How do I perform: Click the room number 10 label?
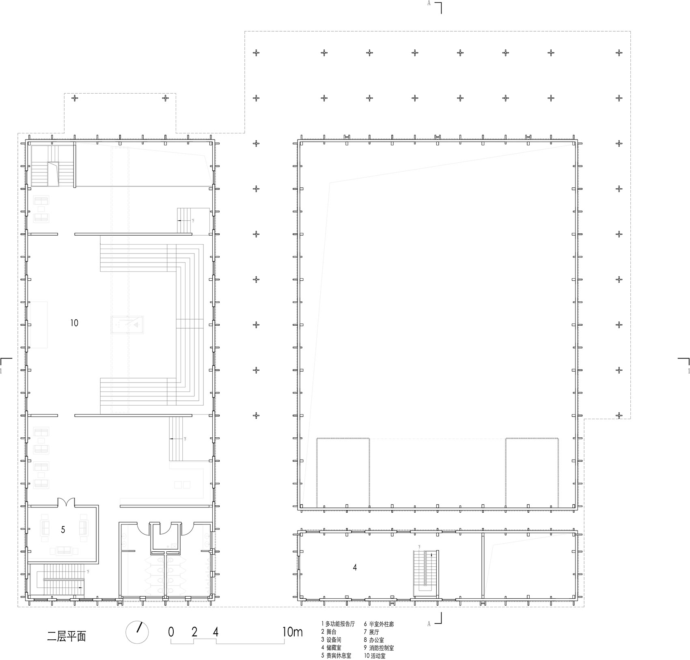click(x=74, y=323)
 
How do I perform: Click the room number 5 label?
click(x=63, y=529)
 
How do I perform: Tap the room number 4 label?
click(x=355, y=568)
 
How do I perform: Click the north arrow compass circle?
click(x=137, y=632)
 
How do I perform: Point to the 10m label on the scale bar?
click(x=292, y=632)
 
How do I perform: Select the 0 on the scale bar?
click(x=171, y=632)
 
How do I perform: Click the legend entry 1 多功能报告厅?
click(x=338, y=624)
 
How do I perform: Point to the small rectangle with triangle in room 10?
click(x=128, y=325)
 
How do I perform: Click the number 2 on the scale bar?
click(x=194, y=632)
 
